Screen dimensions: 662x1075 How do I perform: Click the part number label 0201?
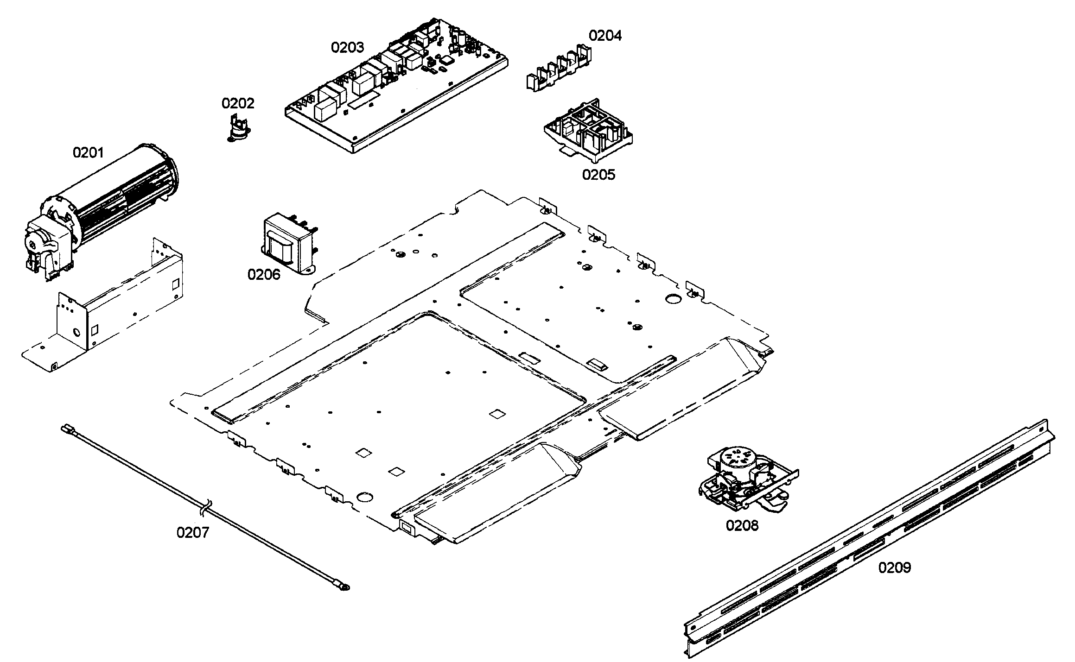(x=88, y=152)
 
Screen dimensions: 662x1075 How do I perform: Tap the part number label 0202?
(x=238, y=103)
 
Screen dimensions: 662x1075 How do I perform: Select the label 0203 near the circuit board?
(x=347, y=47)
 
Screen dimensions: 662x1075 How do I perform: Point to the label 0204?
(x=605, y=36)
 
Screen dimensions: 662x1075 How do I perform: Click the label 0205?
(x=598, y=175)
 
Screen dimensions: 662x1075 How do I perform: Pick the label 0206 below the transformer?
(x=264, y=275)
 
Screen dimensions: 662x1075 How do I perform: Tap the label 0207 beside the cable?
(x=193, y=533)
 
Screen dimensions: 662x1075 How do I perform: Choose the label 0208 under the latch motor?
(x=742, y=525)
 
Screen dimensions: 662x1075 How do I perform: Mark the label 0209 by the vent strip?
(x=895, y=568)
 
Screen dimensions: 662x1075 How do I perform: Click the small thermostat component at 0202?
(x=237, y=128)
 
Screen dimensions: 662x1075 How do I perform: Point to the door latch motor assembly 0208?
(x=747, y=482)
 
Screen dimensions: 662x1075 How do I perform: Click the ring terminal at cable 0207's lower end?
(x=344, y=587)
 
